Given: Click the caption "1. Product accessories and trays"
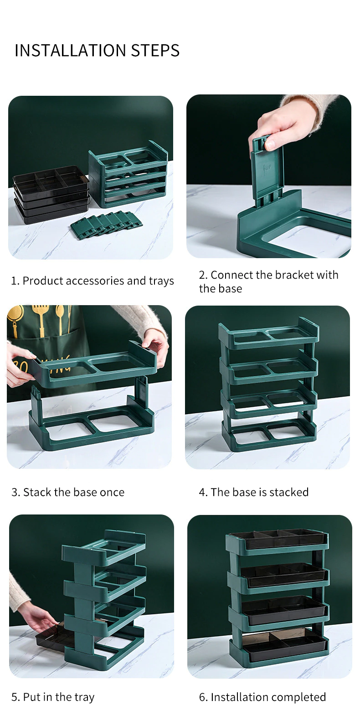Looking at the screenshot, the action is coord(93,281).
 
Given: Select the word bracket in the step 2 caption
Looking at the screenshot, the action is coord(295,275).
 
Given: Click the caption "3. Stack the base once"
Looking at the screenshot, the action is coord(68,492).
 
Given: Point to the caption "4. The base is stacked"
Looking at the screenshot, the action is coord(254,492).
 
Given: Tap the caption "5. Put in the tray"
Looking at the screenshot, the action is coord(53,697).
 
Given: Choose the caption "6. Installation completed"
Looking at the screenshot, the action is coord(262,697).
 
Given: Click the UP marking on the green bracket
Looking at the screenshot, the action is coord(267,167).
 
